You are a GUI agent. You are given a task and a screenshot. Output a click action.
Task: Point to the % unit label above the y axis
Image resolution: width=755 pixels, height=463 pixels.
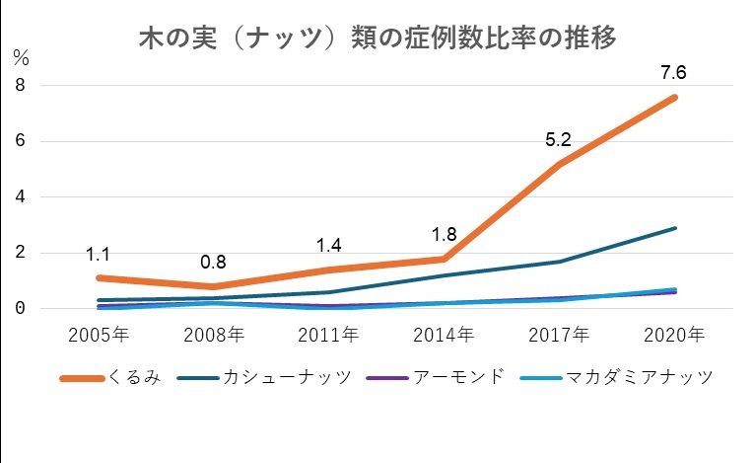(x=22, y=57)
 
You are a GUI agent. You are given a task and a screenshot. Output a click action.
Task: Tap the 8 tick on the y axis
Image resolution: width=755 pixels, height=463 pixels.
(x=19, y=85)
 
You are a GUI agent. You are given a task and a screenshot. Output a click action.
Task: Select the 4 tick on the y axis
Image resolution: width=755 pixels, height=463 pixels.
(x=19, y=196)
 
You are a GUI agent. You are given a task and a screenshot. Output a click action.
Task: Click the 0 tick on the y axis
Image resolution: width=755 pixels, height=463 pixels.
(x=19, y=308)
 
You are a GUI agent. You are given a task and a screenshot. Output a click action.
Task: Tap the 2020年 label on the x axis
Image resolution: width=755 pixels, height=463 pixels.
(x=674, y=334)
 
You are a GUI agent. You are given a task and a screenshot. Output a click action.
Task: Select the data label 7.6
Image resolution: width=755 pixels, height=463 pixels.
(x=674, y=70)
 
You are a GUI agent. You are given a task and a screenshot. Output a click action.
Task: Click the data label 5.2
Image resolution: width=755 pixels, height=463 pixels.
(x=559, y=140)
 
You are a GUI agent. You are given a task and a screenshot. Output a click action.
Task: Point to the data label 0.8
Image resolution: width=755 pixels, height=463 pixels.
(x=213, y=263)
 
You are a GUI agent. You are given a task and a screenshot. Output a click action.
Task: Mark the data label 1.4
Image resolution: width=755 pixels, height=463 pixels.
(x=328, y=245)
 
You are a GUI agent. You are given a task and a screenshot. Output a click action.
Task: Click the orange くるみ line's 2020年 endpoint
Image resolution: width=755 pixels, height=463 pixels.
(x=674, y=97)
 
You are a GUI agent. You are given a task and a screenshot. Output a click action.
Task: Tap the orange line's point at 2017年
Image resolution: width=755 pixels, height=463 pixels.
(x=559, y=164)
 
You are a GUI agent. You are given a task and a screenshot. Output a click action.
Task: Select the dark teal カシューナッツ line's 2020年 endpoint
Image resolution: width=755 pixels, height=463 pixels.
(x=674, y=228)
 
